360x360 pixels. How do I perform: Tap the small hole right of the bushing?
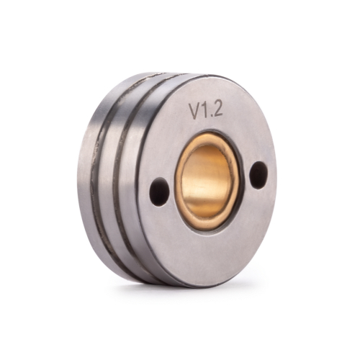pos(257,174)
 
